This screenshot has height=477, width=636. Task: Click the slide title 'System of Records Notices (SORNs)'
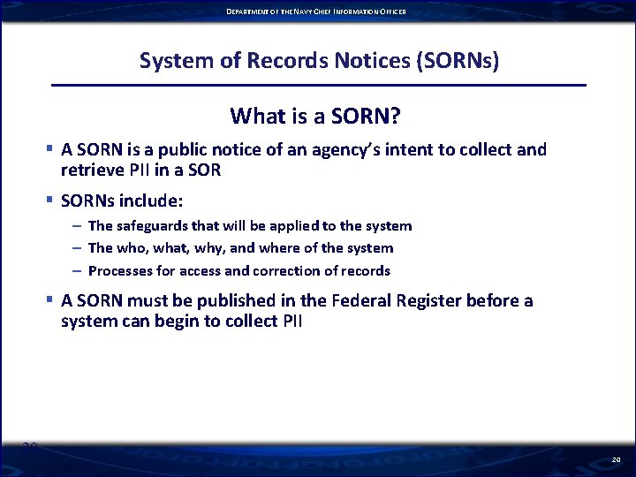[319, 61]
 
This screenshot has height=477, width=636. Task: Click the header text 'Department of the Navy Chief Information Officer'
[317, 11]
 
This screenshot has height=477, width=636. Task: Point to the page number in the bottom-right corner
[616, 460]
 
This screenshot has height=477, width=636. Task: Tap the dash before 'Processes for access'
[77, 270]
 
